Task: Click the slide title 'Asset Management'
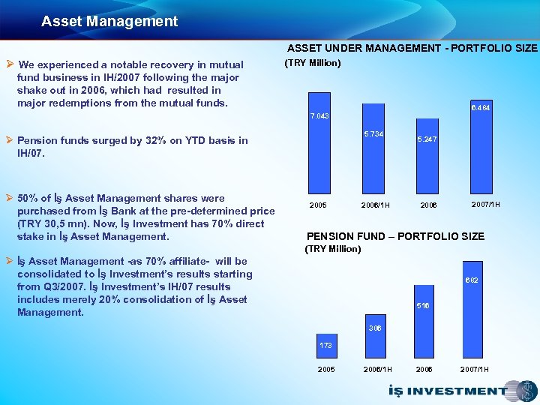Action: pos(109,22)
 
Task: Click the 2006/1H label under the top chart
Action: pos(373,205)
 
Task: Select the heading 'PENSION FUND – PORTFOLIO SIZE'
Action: pos(396,236)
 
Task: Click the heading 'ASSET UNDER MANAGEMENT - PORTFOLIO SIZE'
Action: pos(412,48)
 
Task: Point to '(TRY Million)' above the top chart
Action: pos(313,63)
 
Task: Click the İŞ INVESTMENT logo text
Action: pos(448,391)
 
